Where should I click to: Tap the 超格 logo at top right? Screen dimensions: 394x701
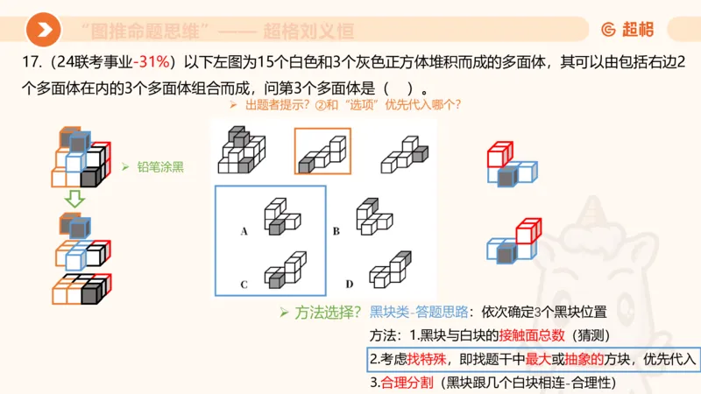click(627, 30)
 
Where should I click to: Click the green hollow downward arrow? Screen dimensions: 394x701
click(76, 200)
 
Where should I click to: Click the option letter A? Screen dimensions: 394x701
click(244, 232)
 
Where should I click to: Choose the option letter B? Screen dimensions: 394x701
click(336, 232)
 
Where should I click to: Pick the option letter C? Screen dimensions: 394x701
click(244, 285)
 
